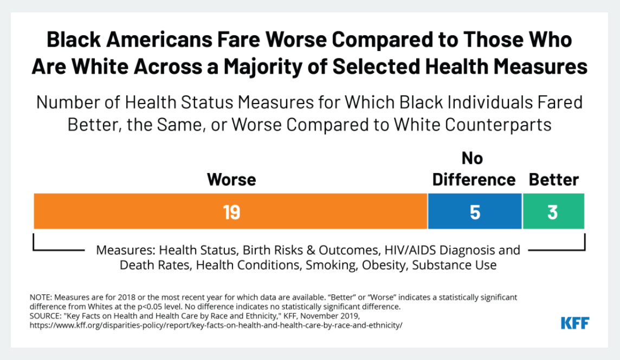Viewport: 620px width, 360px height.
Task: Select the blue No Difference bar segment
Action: coord(475,211)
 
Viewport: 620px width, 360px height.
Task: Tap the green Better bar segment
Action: coord(553,211)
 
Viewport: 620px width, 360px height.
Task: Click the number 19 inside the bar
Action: coord(231,212)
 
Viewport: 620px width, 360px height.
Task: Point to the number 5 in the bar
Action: coord(475,212)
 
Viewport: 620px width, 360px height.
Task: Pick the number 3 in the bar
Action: coord(552,212)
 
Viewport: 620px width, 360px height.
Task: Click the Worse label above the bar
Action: coord(231,180)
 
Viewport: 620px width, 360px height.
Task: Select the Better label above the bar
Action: coord(554,180)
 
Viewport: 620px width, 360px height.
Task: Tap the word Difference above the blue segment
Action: coord(474,180)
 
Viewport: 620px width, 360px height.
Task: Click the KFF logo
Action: coord(574,323)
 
